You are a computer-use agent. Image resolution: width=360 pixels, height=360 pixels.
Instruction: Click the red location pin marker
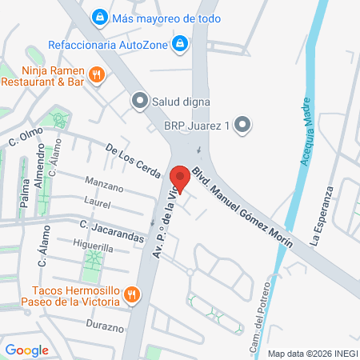point(180,178)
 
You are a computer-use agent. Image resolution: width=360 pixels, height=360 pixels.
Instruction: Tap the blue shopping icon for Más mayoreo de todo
point(99,15)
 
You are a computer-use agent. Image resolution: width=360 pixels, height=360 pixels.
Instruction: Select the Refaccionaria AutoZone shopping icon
point(181,42)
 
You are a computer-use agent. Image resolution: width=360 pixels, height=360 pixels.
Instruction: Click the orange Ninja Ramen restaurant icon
point(96,75)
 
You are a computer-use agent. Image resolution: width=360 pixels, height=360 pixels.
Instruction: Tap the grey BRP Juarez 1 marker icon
point(244,125)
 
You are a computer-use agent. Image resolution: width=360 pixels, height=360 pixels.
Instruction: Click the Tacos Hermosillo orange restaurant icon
point(134,298)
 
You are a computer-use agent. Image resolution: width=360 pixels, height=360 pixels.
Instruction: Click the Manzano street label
point(104,189)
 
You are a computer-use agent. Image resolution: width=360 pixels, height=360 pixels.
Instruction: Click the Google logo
point(26,350)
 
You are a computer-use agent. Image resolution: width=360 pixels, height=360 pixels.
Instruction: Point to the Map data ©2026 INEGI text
point(310,353)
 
